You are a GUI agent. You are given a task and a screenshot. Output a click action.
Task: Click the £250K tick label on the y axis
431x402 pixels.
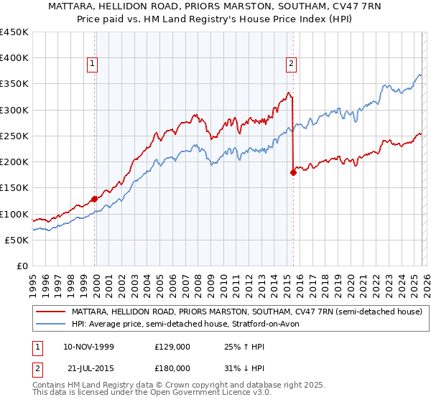coord(14,136)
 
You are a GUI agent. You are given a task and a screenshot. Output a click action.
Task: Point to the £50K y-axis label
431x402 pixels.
coord(17,240)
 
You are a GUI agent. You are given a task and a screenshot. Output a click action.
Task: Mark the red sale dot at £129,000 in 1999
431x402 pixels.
coord(94,199)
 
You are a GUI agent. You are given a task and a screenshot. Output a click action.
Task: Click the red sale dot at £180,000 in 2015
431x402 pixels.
coord(293,172)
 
